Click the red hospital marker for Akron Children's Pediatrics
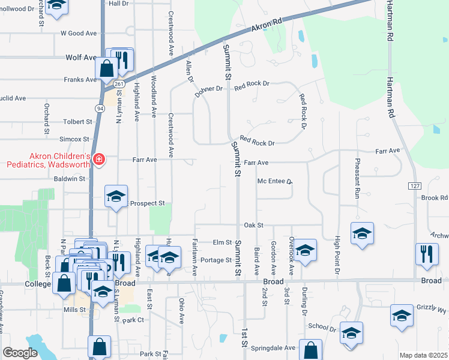pos(98,160)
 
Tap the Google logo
pos(20,353)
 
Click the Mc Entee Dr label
pos(274,181)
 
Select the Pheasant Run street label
pos(357,178)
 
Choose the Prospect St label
pos(147,203)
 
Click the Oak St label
pos(253,225)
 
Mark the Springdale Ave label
pos(273,347)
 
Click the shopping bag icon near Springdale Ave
pos(310,350)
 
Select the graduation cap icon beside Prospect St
pos(116,196)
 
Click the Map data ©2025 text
pos(423,355)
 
